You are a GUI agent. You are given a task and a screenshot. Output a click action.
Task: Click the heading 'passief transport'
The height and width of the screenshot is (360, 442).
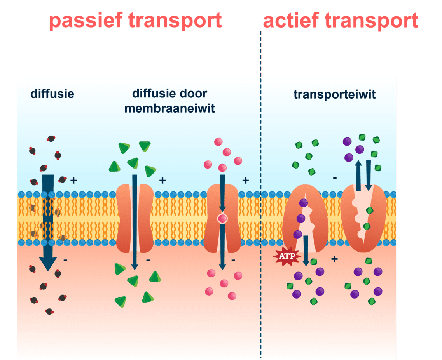pyautogui.click(x=135, y=21)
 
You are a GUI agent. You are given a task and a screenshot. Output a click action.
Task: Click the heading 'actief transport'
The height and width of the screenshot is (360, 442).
pyautogui.click(x=341, y=21)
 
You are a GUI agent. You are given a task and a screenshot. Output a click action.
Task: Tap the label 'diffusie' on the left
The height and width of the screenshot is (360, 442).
pyautogui.click(x=52, y=94)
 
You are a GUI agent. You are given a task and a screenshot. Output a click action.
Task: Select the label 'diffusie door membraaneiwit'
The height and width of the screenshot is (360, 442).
pyautogui.click(x=169, y=101)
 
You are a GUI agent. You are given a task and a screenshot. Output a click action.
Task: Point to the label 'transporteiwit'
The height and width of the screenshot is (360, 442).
pyautogui.click(x=334, y=94)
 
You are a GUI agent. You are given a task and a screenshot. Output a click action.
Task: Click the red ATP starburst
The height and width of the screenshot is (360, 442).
pyautogui.click(x=288, y=256)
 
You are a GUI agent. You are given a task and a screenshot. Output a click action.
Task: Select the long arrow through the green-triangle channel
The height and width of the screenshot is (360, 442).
pyautogui.click(x=135, y=221)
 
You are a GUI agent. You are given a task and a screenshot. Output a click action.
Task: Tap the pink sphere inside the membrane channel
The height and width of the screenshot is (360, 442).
pyautogui.click(x=222, y=219)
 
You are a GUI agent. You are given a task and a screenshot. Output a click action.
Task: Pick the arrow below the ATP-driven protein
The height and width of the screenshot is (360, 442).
pyautogui.click(x=306, y=250)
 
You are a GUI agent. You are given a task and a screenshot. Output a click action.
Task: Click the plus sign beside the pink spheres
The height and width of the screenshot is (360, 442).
pyautogui.click(x=245, y=180)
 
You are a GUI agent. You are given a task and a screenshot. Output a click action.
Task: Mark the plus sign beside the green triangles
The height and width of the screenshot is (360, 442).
pyautogui.click(x=162, y=180)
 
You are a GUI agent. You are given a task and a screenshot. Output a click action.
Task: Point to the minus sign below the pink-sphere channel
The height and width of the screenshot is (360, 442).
pyautogui.click(x=233, y=260)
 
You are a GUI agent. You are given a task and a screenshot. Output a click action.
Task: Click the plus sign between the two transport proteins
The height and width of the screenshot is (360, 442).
pyautogui.click(x=334, y=259)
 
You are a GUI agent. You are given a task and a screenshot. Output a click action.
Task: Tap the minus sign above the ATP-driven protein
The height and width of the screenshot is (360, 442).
pyautogui.click(x=335, y=178)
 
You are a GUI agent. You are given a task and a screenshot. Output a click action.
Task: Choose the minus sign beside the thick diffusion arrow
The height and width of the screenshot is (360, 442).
pyautogui.click(x=65, y=260)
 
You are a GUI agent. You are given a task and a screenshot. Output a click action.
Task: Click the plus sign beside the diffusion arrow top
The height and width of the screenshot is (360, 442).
pyautogui.click(x=73, y=180)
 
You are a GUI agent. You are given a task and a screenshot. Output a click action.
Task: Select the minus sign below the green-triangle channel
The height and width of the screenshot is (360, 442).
pyautogui.click(x=148, y=260)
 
